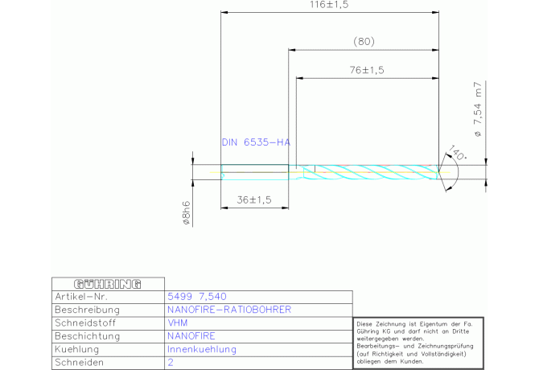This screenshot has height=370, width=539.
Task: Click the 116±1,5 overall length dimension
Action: coord(331,5)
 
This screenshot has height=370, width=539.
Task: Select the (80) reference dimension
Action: coord(364,41)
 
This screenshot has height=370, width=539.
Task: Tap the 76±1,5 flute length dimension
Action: coord(367,70)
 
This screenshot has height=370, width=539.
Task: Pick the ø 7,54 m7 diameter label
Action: coord(477,109)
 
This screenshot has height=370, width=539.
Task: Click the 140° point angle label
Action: coord(459,153)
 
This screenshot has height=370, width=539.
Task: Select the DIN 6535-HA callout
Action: coord(255,142)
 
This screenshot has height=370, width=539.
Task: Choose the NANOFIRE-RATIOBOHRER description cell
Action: coord(228,310)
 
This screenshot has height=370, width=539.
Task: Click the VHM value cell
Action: coord(177,323)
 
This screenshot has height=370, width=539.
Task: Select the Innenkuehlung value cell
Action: coord(201,350)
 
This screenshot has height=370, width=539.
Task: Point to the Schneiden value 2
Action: coord(171,363)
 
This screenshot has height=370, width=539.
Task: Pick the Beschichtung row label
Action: coord(88,336)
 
